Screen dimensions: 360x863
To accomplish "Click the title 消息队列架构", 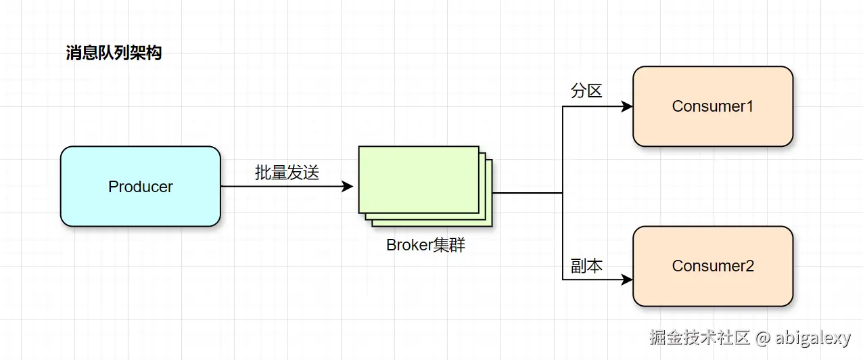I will (114, 53).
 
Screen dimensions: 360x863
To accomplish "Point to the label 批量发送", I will (287, 173).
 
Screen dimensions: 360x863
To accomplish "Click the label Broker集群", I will (425, 245).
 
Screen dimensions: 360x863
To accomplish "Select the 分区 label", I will (586, 91).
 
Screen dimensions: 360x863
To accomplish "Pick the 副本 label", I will (586, 266).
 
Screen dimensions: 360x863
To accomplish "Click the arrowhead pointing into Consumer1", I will (627, 106).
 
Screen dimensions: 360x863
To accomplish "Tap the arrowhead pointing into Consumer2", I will (627, 279).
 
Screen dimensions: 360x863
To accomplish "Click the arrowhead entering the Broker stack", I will (348, 186).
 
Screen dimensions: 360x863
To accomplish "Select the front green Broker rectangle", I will (418, 179).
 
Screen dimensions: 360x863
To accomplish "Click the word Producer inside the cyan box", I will (140, 187).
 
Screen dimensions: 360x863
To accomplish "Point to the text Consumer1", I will (712, 106).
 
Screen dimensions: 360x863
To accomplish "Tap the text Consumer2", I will (712, 266).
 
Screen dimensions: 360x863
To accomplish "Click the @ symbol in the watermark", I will (763, 338).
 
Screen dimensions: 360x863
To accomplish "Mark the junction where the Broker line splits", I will (563, 193).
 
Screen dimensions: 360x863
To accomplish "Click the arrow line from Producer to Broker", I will (284, 186).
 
